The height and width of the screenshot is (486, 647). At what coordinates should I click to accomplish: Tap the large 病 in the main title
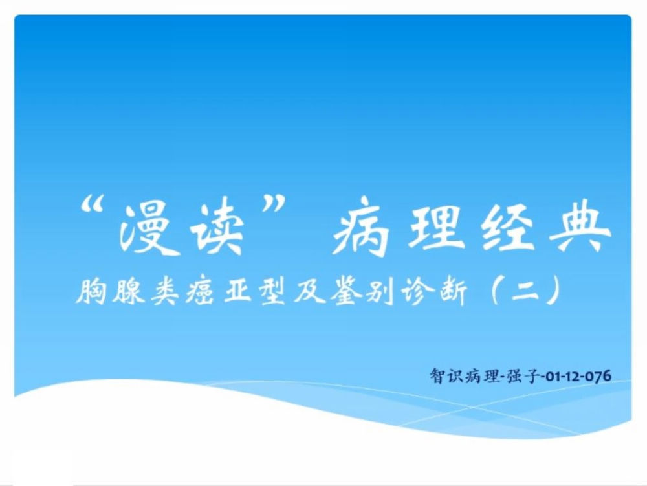(362, 227)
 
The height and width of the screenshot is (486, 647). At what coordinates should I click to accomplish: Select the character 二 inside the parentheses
(525, 292)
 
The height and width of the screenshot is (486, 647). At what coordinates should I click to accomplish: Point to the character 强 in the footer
(514, 376)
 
